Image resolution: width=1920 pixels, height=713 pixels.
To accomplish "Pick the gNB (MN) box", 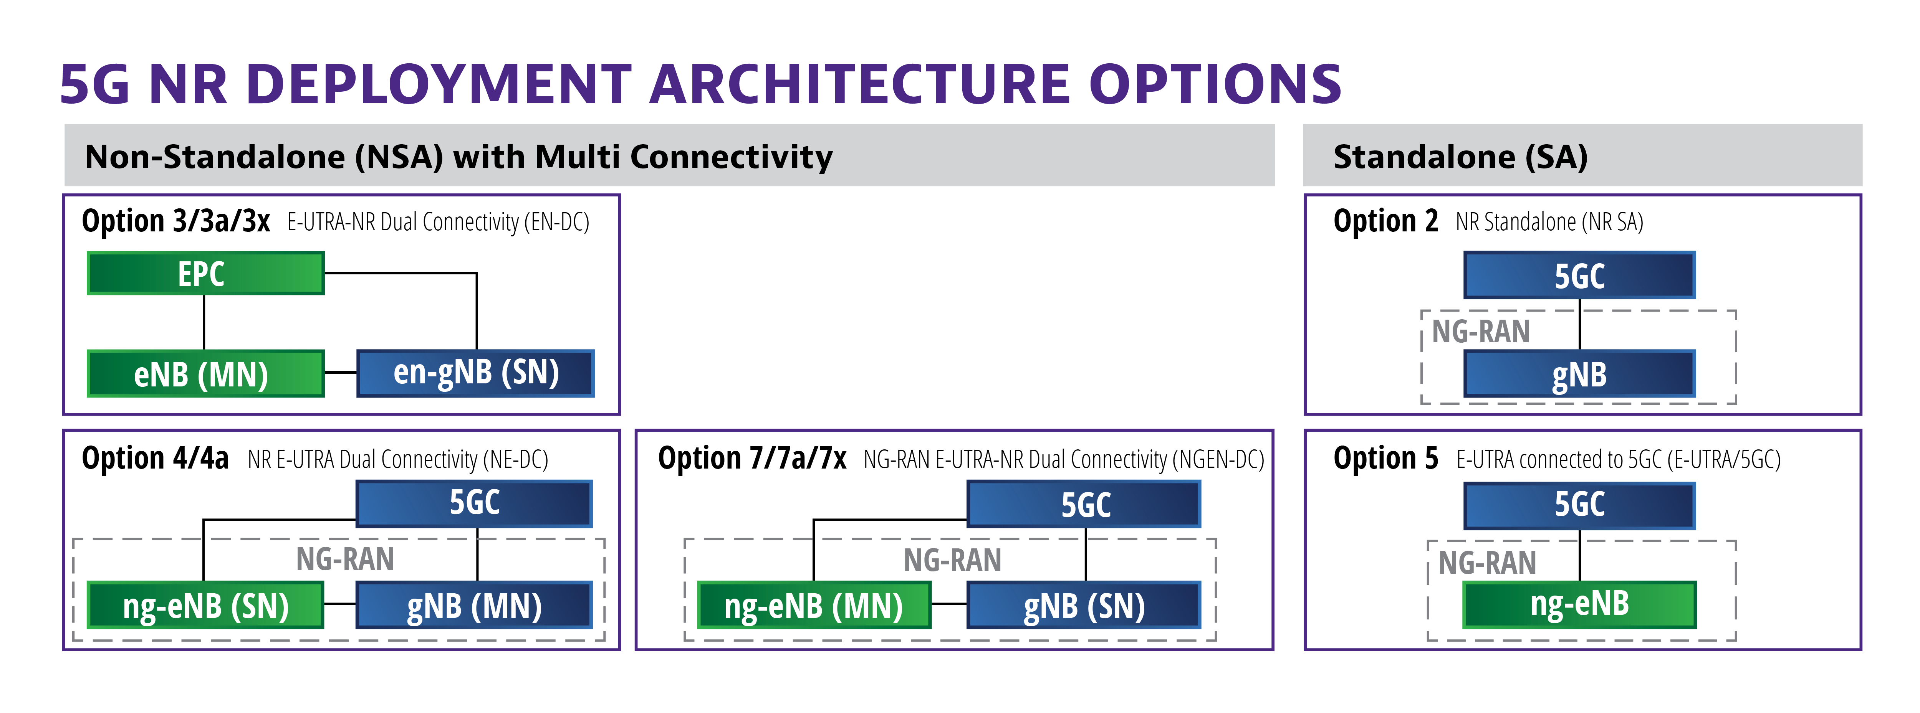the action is (474, 605).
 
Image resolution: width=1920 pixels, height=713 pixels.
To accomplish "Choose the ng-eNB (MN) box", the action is (814, 605).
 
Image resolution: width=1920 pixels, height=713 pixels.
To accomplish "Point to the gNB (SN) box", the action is (1084, 605).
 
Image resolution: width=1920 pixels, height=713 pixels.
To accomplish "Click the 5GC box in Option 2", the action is (1579, 275).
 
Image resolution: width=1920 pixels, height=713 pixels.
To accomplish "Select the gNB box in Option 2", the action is (1579, 373).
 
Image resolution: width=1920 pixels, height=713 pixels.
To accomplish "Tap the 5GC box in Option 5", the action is (1579, 505).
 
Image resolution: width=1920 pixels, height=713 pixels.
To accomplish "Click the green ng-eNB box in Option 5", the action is (1579, 604).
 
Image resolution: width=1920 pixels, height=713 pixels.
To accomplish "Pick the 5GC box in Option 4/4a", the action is (474, 503).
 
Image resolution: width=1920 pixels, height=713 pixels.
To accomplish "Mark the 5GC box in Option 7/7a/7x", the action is (1084, 503).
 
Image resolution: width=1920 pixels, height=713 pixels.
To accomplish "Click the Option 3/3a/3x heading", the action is (176, 221).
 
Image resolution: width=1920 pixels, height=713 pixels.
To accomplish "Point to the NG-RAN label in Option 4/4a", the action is (345, 559).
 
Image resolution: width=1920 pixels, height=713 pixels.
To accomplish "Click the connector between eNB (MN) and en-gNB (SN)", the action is (341, 373).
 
